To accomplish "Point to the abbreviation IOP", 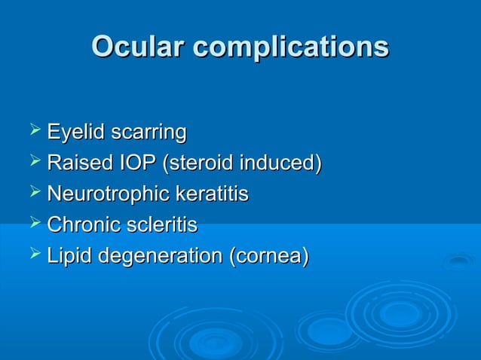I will (133, 163).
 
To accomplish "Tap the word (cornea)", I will (269, 256).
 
